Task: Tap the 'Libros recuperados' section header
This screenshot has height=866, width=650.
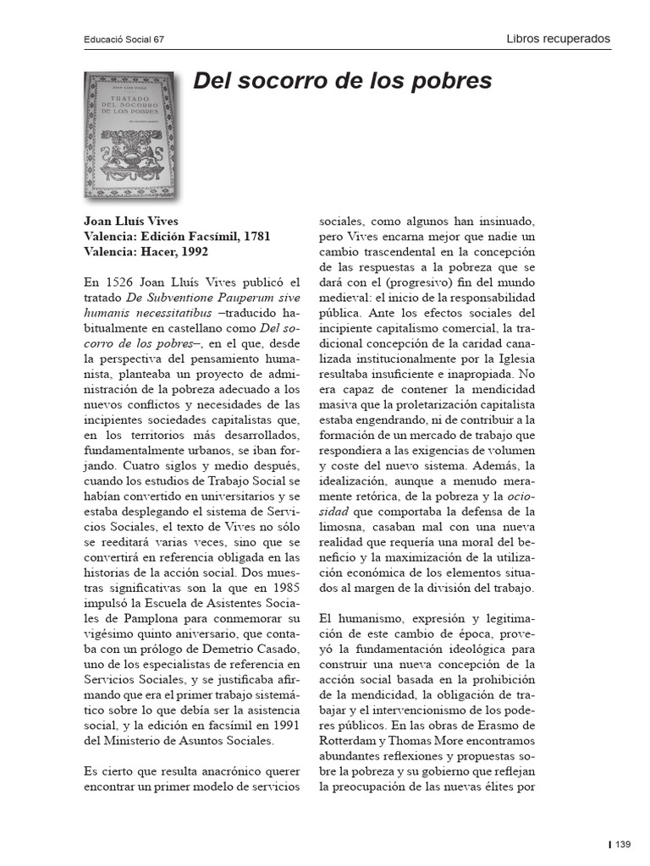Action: point(558,39)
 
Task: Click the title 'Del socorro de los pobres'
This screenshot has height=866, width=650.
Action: point(342,81)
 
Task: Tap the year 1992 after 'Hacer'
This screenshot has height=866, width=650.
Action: point(190,252)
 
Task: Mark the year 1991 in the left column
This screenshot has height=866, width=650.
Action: point(283,724)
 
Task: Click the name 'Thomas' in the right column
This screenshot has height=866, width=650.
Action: point(410,741)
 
